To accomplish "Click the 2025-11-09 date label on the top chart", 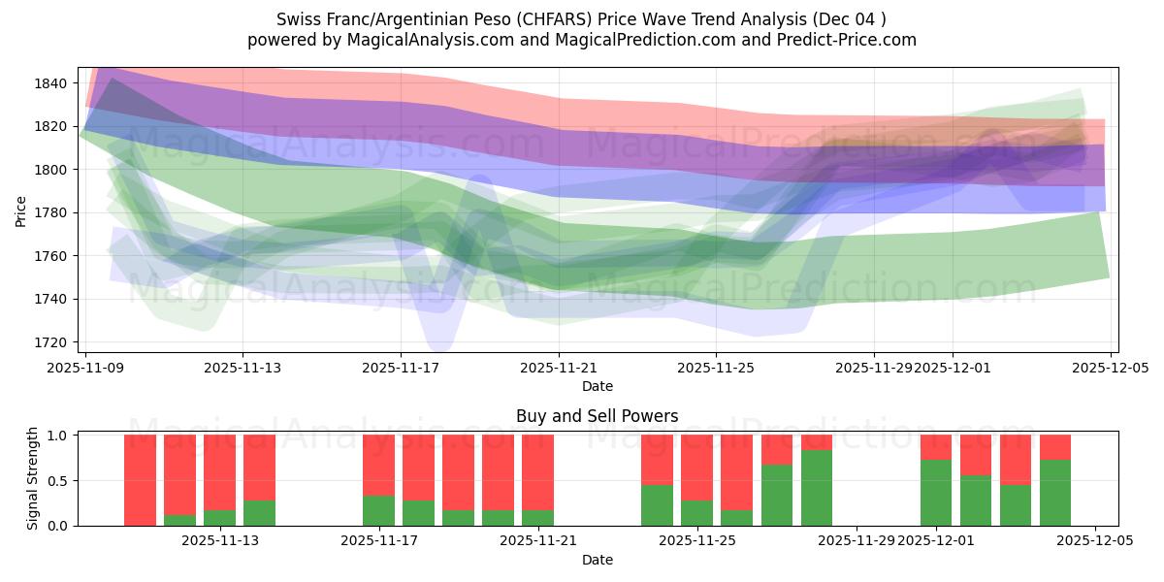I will (85, 369).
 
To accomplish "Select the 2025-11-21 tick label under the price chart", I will (559, 369).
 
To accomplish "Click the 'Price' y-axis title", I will (21, 210).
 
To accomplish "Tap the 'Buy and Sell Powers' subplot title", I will (597, 416).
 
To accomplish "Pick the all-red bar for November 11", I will (140, 480).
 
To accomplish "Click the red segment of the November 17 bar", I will (378, 465).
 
